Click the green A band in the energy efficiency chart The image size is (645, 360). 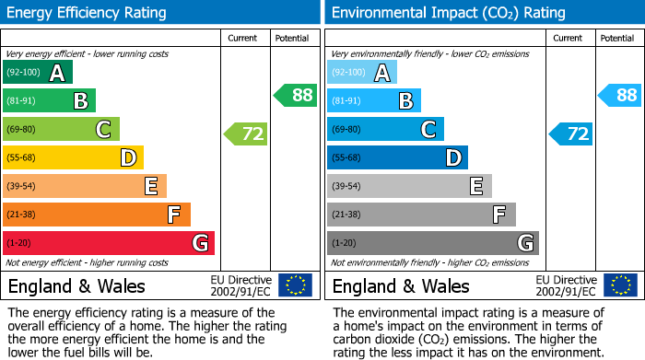(37, 73)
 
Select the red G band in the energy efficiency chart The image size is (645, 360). (108, 243)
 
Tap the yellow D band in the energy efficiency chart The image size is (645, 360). (73, 158)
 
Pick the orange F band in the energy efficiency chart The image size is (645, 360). (96, 215)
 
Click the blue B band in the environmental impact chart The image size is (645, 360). (373, 101)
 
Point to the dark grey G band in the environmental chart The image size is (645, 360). (432, 243)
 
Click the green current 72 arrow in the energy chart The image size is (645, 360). (247, 134)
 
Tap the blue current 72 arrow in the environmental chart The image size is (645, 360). (572, 134)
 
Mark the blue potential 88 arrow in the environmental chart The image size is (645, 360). (621, 95)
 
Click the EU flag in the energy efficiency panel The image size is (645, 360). (295, 285)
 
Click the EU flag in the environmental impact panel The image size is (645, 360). (620, 285)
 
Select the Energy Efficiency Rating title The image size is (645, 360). (88, 13)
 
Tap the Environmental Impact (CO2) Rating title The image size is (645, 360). (448, 13)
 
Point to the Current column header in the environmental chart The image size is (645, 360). (569, 38)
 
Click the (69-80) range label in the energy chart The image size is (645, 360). (21, 130)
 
